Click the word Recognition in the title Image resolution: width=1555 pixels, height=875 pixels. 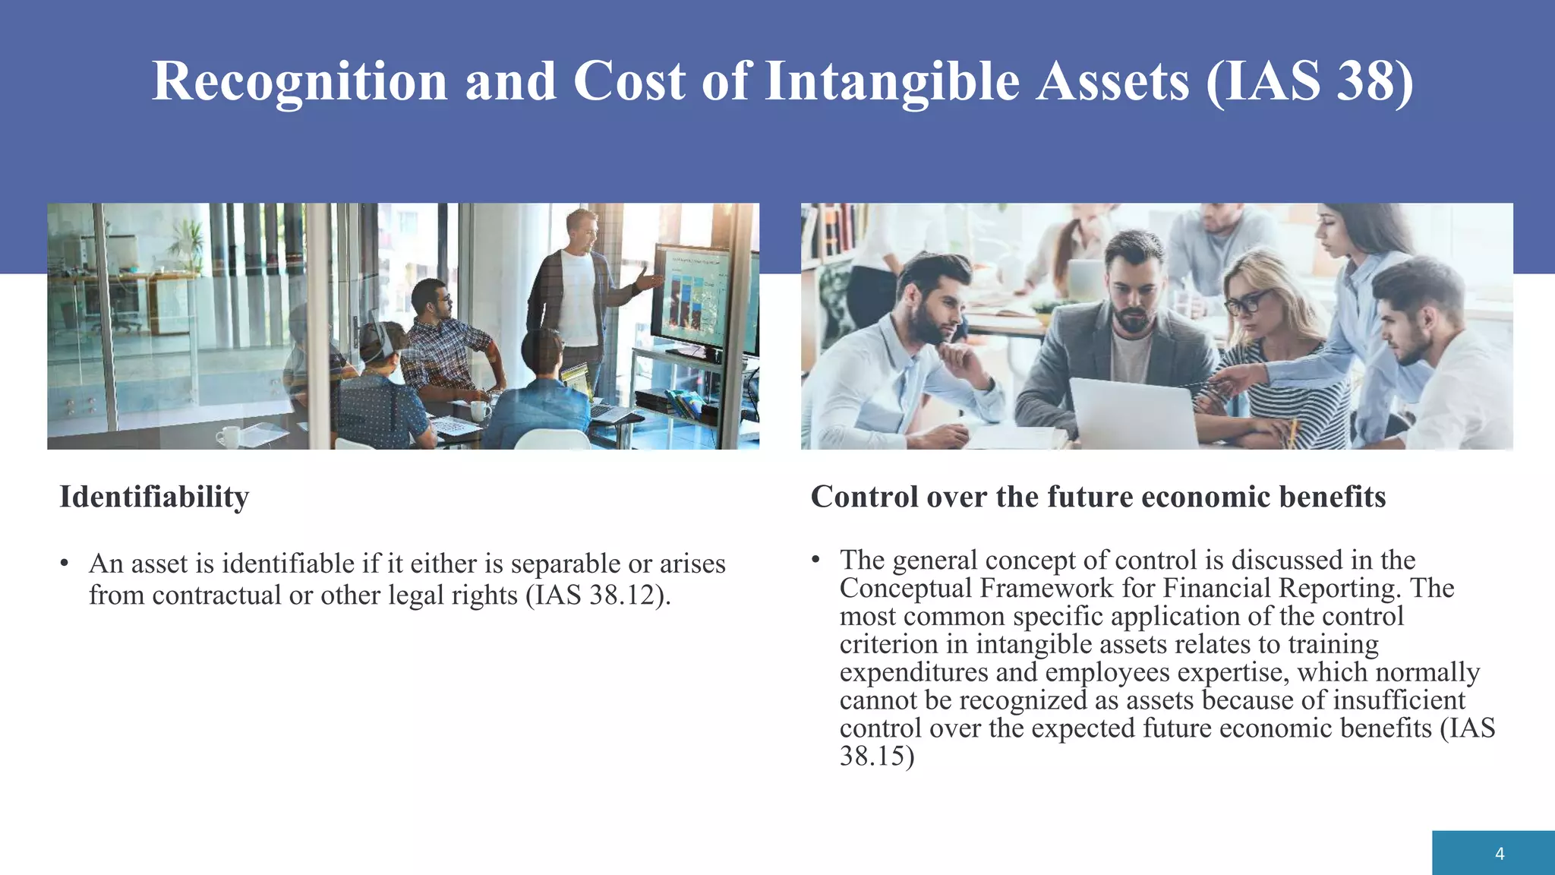299,82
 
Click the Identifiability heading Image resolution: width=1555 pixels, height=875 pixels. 154,498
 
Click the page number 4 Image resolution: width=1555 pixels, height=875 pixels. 1499,854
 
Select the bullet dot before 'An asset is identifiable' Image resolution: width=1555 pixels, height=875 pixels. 65,564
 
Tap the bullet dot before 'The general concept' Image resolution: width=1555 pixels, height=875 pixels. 815,561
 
